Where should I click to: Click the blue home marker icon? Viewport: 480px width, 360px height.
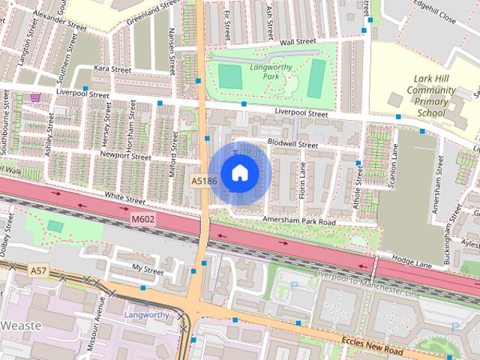pyautogui.click(x=239, y=173)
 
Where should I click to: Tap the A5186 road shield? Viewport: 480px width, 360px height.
pyautogui.click(x=204, y=181)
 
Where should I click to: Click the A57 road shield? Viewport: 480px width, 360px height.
pyautogui.click(x=38, y=268)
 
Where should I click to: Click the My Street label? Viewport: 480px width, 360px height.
pyautogui.click(x=147, y=268)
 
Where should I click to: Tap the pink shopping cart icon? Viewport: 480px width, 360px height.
pyautogui.click(x=35, y=97)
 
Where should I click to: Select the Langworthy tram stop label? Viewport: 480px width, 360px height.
pyautogui.click(x=147, y=315)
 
